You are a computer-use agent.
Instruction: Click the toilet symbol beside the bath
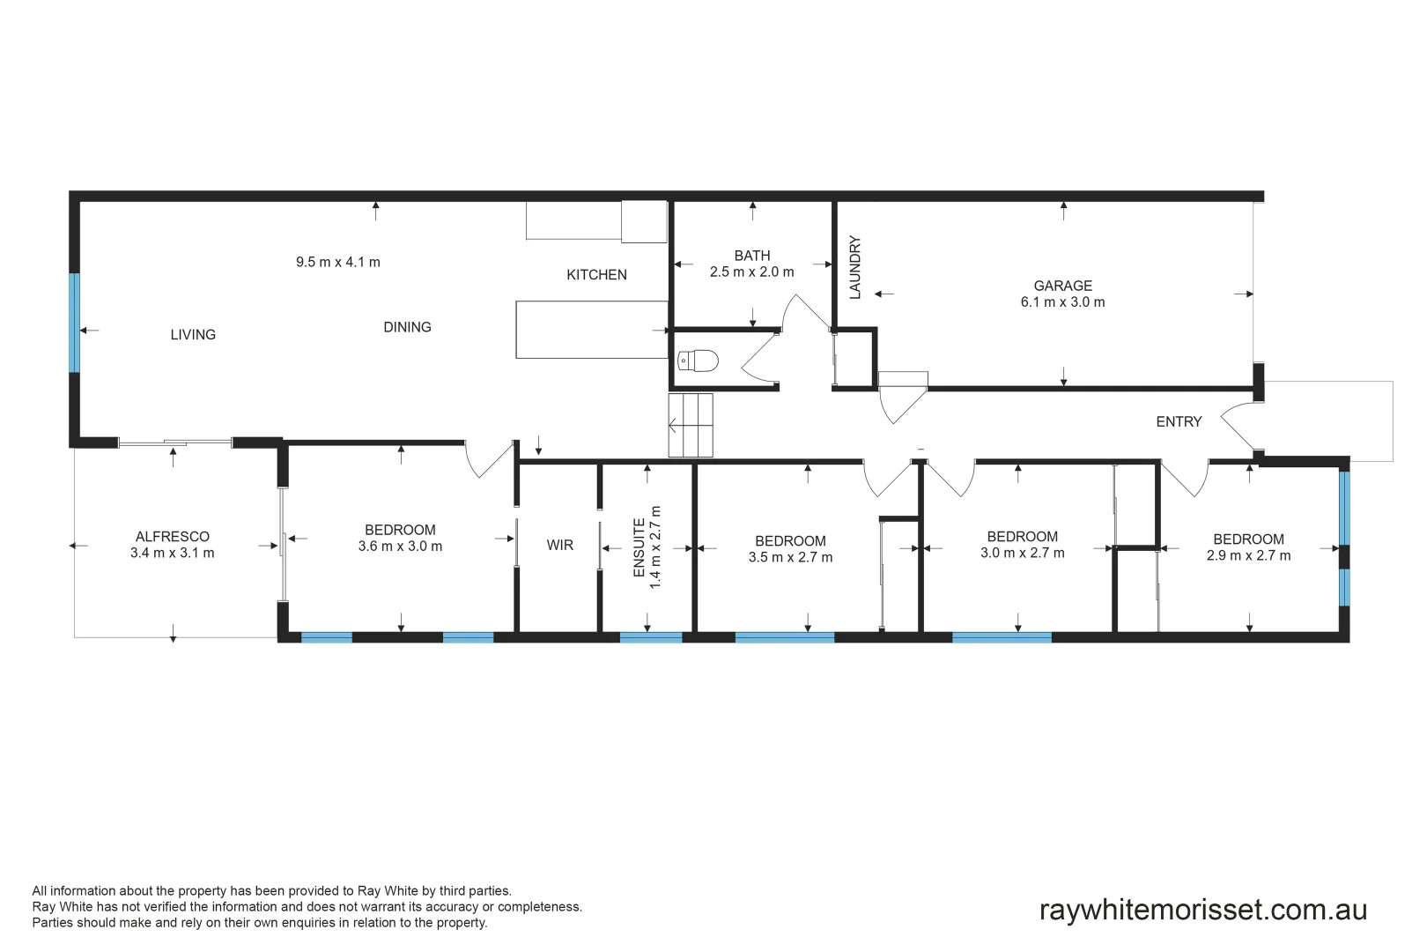coord(699,361)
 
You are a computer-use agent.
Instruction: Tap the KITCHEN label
coord(596,275)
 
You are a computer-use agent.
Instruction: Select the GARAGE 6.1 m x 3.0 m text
coord(1062,294)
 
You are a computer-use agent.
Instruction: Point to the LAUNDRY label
coord(854,268)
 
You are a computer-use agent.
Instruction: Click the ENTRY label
coord(1179,422)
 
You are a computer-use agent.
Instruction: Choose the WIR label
coord(559,546)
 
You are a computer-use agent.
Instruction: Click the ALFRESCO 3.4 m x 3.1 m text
coord(173,545)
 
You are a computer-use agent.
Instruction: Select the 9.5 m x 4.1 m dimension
coord(338,262)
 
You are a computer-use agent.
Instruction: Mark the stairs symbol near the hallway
coord(691,426)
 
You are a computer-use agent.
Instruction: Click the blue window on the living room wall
coord(75,323)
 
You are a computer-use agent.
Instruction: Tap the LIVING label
coord(193,335)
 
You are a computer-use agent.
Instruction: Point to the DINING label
coord(407,327)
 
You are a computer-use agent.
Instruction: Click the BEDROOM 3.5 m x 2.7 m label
coord(790,549)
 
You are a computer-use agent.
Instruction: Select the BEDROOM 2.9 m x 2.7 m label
coord(1248,547)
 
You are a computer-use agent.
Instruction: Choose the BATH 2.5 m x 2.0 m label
coord(751,264)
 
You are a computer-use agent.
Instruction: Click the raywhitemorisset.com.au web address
coord(1202,910)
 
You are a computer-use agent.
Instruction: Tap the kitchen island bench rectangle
coord(591,330)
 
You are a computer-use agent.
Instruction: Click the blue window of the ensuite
coord(651,637)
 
